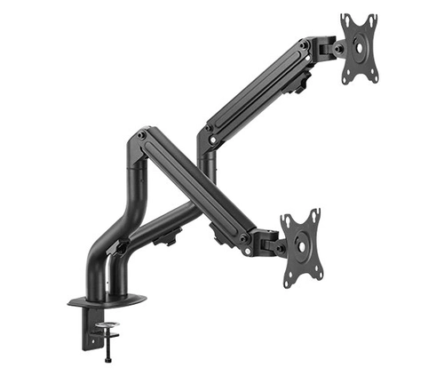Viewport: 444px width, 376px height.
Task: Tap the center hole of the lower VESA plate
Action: (x=300, y=248)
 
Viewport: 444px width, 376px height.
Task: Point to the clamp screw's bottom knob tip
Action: (x=107, y=361)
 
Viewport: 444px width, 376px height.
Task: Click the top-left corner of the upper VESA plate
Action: (x=342, y=18)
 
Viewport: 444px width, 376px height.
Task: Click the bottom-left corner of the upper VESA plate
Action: (x=347, y=81)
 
